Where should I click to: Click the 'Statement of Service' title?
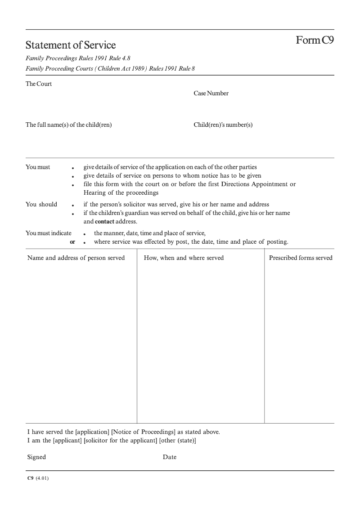(71, 45)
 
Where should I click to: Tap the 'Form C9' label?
(315, 40)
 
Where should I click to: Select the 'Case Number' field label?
(211, 94)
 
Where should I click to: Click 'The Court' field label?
(39, 84)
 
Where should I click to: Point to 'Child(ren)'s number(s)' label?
(223, 125)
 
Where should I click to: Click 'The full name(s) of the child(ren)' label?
(68, 125)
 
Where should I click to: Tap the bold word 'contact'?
(104, 222)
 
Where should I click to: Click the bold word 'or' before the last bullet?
(72, 242)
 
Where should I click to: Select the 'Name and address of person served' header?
(76, 258)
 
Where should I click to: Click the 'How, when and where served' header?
(184, 258)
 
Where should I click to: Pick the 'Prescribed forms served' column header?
(301, 258)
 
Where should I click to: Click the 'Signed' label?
(36, 457)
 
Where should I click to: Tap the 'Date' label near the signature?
(170, 457)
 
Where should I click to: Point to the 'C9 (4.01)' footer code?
(38, 478)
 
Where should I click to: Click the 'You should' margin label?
(41, 205)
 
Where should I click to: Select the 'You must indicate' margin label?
(49, 233)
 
